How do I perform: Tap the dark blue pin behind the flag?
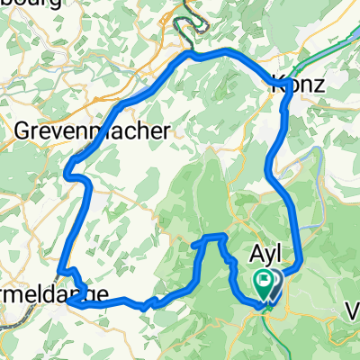[274, 286]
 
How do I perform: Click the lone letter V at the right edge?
[353, 311]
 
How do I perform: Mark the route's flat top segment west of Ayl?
[211, 237]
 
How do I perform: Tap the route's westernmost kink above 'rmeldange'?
[59, 272]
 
